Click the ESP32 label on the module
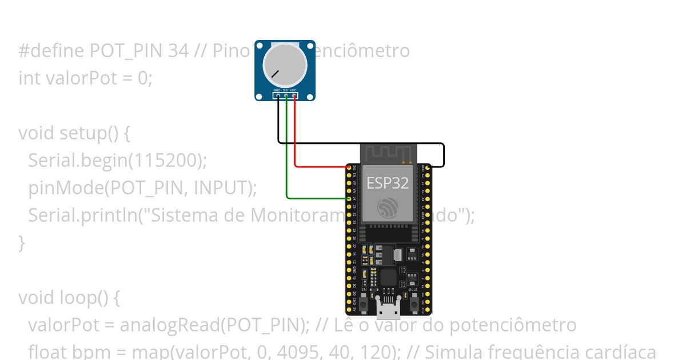point(388,183)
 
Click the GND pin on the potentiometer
point(277,96)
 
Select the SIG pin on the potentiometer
point(285,96)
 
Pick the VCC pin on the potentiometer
point(294,96)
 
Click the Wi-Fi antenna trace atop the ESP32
point(389,153)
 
